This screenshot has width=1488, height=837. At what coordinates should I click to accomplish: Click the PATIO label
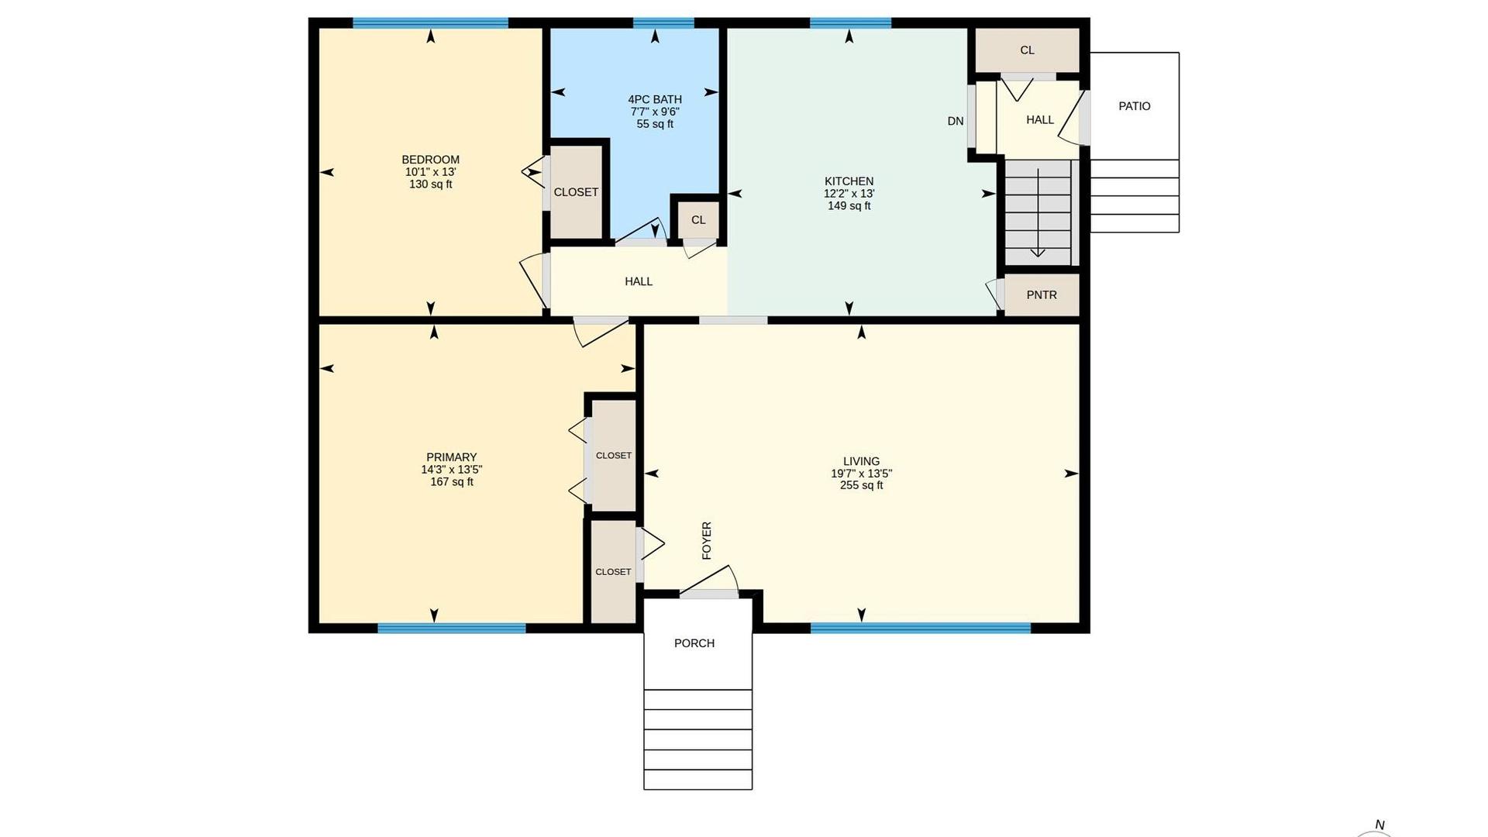[1134, 106]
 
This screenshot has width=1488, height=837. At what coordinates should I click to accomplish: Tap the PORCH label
[694, 643]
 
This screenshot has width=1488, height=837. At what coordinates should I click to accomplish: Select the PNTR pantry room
[1042, 294]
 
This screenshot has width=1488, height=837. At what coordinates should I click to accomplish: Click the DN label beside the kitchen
[956, 121]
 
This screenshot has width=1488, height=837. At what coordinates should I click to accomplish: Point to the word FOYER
[707, 540]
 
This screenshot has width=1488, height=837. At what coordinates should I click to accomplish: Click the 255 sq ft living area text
[861, 486]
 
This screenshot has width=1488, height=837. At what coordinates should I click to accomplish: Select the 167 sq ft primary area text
[452, 482]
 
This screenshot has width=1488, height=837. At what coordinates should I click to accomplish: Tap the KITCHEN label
[849, 181]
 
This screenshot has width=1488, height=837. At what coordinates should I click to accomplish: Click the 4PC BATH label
[655, 99]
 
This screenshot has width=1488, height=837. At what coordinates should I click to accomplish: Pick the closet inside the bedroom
[576, 192]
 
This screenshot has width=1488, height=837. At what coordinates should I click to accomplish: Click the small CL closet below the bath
[698, 220]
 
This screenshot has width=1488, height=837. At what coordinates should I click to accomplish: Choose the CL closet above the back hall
[1027, 50]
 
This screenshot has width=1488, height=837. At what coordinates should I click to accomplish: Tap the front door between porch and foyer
[709, 594]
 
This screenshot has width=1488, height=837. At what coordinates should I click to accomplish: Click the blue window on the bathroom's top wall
[663, 22]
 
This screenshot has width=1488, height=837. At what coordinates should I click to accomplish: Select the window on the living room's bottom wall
[921, 628]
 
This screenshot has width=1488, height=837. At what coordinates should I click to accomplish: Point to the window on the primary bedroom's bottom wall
[452, 628]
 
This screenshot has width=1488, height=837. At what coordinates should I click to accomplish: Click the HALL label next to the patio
[1040, 120]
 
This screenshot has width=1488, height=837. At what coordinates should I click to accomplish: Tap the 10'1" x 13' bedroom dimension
[430, 172]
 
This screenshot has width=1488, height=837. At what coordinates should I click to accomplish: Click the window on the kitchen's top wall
[850, 22]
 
